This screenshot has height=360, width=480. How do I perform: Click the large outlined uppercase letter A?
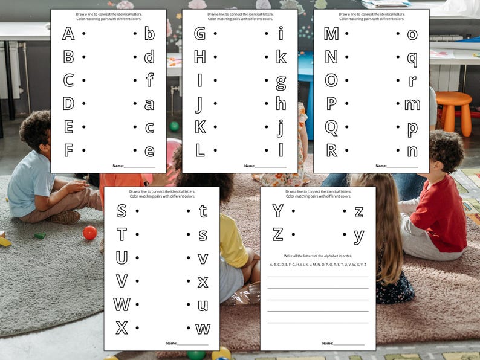[68, 33]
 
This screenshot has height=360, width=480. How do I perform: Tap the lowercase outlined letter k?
[281, 57]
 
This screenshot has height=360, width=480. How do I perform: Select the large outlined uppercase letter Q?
[331, 127]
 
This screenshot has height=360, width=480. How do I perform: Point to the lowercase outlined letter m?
[412, 104]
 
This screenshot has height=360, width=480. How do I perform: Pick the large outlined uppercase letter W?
[122, 304]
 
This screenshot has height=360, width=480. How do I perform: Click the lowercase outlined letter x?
[203, 281]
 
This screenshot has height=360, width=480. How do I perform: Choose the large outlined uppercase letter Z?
[278, 234]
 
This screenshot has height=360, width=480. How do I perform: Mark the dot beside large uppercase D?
[83, 103]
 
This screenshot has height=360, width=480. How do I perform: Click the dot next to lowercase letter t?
[188, 211]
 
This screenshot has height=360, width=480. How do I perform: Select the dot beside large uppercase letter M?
[346, 34]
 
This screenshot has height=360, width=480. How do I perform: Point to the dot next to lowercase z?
[344, 211]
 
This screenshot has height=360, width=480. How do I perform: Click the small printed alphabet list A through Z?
[318, 265]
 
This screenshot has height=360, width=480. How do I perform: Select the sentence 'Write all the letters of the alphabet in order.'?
[318, 256]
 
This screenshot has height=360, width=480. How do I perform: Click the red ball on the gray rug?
[89, 233]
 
